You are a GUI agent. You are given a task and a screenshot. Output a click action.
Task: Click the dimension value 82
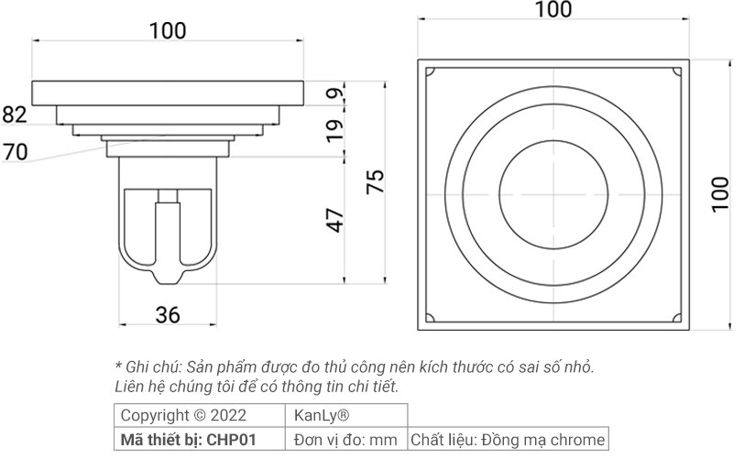pos(15,115)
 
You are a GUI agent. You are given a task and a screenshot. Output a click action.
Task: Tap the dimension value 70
pos(15,151)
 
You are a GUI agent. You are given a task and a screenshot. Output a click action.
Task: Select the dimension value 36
pos(167,315)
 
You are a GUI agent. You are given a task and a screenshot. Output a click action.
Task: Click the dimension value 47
pos(335,220)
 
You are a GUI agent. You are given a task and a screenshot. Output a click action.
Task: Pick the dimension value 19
pos(335,126)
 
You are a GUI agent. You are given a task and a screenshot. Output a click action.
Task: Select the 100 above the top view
pos(553,10)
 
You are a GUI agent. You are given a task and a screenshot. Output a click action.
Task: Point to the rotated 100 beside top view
pos(721,194)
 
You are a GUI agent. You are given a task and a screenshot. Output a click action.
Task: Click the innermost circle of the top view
pos(553,194)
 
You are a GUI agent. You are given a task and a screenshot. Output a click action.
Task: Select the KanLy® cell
pos(322,415)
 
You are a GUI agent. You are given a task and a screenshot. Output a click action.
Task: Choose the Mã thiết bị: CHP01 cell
pos(188,439)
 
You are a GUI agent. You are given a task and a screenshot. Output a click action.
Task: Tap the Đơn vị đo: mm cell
pos(345,439)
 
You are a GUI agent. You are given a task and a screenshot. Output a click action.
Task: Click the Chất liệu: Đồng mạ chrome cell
pos(508,439)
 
